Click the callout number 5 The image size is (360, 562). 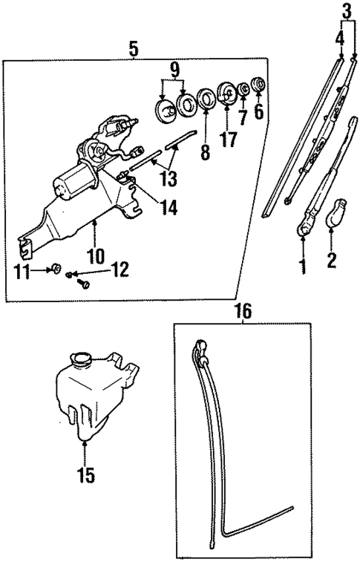pyautogui.click(x=134, y=50)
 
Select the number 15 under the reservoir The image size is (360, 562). pyautogui.click(x=86, y=475)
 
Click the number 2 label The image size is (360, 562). pyautogui.click(x=331, y=260)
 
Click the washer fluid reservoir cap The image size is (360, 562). pyautogui.click(x=82, y=361)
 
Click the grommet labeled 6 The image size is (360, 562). pyautogui.click(x=259, y=83)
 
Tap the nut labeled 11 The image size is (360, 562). pyautogui.click(x=57, y=267)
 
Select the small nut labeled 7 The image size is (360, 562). pyautogui.click(x=243, y=90)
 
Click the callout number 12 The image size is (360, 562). pyautogui.click(x=120, y=268)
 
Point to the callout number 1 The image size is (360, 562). pyautogui.click(x=303, y=266)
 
